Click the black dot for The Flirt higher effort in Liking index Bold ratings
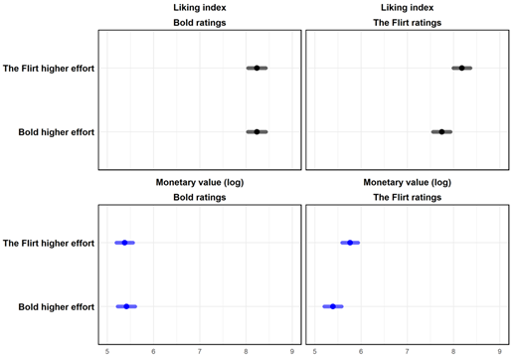click(x=257, y=68)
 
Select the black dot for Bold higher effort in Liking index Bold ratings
click(x=257, y=131)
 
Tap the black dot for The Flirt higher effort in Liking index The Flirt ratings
click(x=461, y=68)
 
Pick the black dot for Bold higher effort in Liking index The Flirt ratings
click(x=442, y=131)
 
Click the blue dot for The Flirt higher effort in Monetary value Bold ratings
click(x=124, y=243)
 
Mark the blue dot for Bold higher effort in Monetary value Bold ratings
click(x=126, y=306)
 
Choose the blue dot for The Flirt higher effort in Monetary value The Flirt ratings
click(x=350, y=243)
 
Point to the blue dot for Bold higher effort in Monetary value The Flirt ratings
click(x=332, y=306)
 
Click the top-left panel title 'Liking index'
click(x=199, y=7)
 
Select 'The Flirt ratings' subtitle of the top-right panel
click(x=407, y=21)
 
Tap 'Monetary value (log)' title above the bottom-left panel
click(x=199, y=183)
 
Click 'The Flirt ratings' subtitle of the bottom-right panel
click(x=407, y=197)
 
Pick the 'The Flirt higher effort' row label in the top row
click(x=49, y=68)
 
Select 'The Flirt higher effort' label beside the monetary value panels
click(x=49, y=243)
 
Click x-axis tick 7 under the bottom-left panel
click(x=200, y=351)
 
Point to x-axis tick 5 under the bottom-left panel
click(x=106, y=351)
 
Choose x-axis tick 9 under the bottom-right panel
click(x=500, y=351)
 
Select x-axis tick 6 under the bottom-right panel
click(x=361, y=351)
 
